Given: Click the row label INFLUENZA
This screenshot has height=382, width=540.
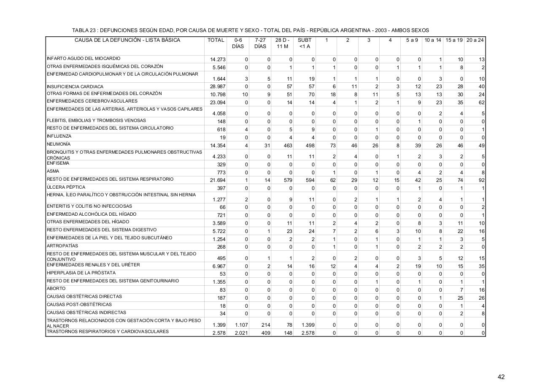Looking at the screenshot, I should click(x=59, y=136).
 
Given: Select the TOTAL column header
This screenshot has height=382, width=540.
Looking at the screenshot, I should click(x=216, y=41).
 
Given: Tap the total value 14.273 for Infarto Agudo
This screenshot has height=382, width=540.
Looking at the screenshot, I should click(x=218, y=60).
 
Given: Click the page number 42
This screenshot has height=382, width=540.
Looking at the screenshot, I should click(x=501, y=377).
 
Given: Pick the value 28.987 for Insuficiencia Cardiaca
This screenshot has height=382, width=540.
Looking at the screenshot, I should click(x=218, y=87).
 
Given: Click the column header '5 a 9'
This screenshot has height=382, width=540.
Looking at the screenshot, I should click(x=412, y=41).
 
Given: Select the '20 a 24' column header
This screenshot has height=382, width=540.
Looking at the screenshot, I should click(x=475, y=41).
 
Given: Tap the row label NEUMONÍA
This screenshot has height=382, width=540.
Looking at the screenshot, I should click(x=59, y=144).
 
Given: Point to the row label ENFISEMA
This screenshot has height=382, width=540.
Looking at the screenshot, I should click(x=58, y=163).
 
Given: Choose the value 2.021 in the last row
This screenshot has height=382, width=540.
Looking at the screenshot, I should click(x=241, y=333).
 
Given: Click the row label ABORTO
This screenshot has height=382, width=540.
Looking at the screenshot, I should click(x=56, y=289).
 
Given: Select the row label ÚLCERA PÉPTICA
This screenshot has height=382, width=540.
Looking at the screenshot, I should click(x=66, y=187).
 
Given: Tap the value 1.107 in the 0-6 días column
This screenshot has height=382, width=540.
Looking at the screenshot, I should click(x=241, y=325).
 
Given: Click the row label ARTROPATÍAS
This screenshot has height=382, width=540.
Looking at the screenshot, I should click(x=62, y=246).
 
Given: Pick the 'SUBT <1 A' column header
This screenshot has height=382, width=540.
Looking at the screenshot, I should click(x=305, y=43).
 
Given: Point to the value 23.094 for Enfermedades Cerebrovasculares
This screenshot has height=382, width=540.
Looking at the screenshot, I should click(x=218, y=103).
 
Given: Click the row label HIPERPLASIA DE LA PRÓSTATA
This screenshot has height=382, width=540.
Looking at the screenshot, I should click(x=81, y=273).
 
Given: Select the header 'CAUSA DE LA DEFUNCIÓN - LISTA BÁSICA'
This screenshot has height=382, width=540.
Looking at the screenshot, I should click(x=127, y=41).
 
